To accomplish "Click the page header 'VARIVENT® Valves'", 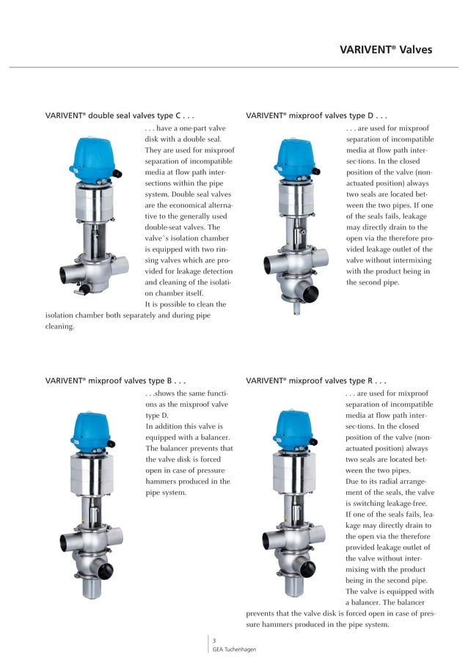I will [x=386, y=50].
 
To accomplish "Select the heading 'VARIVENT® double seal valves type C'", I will [x=120, y=115].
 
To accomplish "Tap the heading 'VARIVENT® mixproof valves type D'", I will [x=316, y=115].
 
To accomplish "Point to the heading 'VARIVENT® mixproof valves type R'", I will [x=316, y=381].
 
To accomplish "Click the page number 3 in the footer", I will [x=214, y=641].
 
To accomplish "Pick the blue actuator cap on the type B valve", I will [x=92, y=429].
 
